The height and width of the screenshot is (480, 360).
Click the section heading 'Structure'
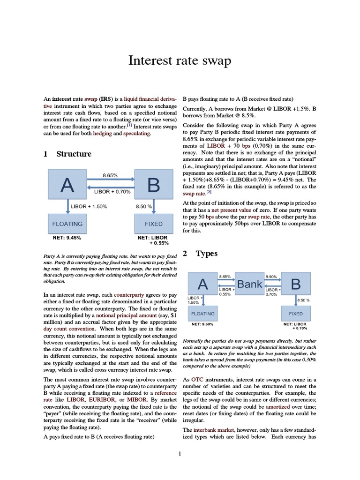[74, 154]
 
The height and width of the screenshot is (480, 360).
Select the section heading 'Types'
[206, 254]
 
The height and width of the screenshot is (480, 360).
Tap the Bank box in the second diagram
[249, 284]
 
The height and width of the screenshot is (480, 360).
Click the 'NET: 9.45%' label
[67, 238]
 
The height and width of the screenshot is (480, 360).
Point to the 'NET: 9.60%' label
[202, 324]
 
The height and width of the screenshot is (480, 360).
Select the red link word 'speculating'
[137, 134]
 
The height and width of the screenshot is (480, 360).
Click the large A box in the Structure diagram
[67, 186]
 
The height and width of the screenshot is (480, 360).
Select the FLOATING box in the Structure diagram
[67, 224]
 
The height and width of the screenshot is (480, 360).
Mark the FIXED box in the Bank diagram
[296, 314]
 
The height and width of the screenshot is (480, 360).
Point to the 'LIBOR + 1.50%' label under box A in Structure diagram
[89, 206]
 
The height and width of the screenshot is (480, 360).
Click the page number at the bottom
[180, 453]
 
